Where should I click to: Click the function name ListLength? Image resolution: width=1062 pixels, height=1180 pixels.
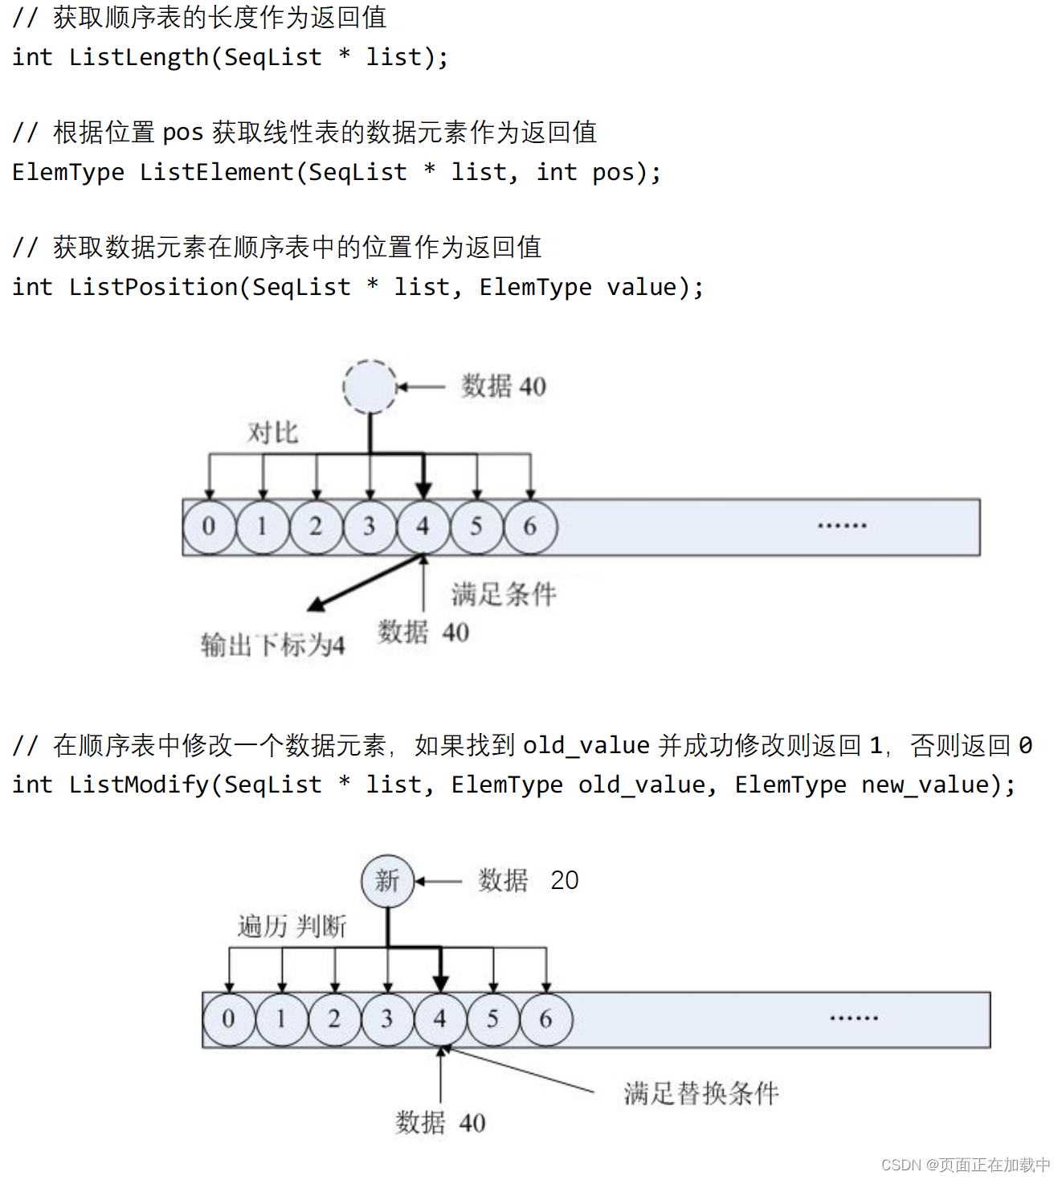[138, 58]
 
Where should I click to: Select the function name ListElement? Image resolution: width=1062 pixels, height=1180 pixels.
[217, 173]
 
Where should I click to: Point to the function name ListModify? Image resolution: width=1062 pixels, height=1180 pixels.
[138, 785]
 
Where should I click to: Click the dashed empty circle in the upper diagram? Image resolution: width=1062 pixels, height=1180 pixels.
[370, 387]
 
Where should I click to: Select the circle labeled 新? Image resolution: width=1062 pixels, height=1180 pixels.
[387, 881]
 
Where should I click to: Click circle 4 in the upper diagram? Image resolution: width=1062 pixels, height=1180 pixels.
[423, 526]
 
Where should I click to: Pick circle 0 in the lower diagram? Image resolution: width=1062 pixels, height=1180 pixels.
[228, 1019]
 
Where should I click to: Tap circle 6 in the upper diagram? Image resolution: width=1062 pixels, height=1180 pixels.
[530, 526]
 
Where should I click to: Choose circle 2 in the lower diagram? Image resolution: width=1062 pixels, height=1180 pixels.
[334, 1019]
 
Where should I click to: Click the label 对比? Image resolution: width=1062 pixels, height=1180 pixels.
[272, 433]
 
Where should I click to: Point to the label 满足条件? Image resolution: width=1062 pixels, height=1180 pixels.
[504, 595]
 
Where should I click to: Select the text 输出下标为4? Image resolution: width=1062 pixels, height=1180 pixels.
[272, 645]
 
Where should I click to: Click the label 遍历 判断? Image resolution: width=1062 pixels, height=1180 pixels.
[292, 927]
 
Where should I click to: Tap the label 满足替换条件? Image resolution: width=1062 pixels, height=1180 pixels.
[701, 1094]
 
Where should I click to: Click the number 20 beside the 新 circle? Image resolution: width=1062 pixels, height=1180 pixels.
[564, 881]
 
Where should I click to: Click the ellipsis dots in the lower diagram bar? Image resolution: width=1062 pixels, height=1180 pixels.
[853, 1018]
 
